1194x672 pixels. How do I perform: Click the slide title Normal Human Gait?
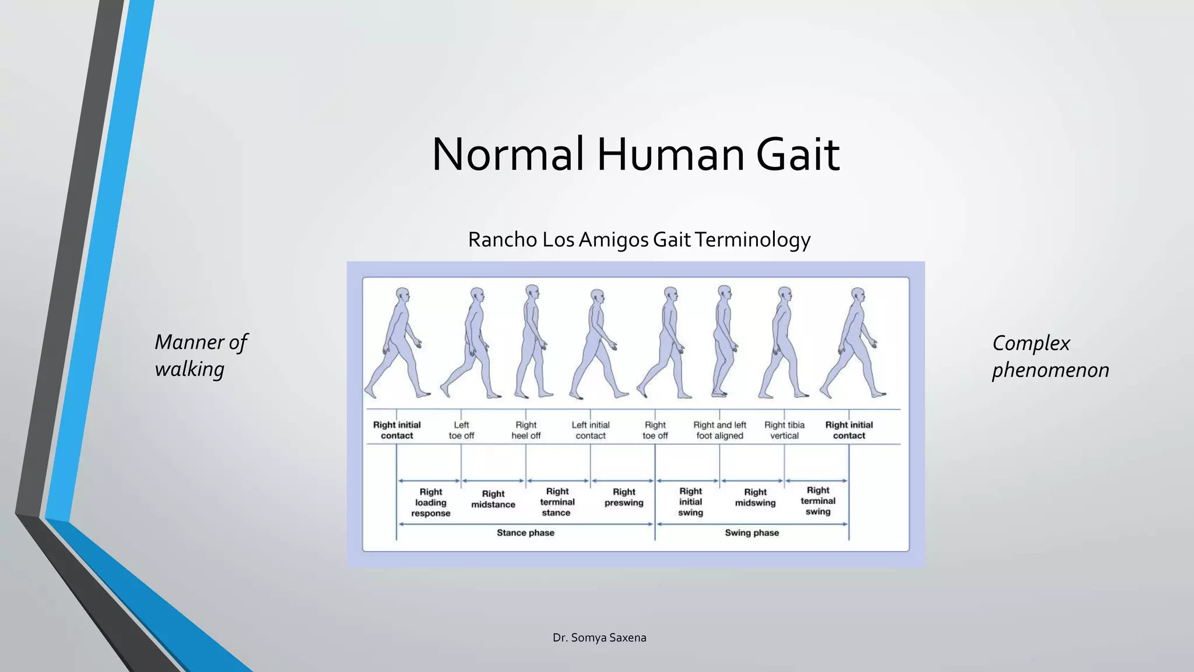click(x=635, y=155)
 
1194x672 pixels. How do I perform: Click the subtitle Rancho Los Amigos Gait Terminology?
click(x=639, y=240)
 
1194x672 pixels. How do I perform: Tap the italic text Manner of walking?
click(x=201, y=355)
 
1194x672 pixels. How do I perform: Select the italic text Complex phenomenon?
click(x=1050, y=356)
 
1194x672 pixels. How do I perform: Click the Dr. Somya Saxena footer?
click(x=599, y=638)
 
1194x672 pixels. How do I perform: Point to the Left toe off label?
click(x=461, y=430)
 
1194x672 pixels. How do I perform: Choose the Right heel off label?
click(x=526, y=430)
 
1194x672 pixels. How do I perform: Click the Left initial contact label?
click(x=591, y=430)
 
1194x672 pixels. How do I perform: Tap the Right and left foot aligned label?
click(x=719, y=430)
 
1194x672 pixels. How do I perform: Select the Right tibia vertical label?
click(x=784, y=430)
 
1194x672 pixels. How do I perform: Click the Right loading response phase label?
click(x=431, y=502)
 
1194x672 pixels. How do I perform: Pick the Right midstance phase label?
click(x=493, y=499)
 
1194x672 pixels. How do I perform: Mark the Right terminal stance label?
click(x=557, y=502)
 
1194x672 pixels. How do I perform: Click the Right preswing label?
click(x=624, y=497)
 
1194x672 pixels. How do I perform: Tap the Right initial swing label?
click(x=690, y=502)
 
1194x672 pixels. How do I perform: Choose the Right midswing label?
click(x=755, y=498)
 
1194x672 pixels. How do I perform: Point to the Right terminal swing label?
click(x=818, y=501)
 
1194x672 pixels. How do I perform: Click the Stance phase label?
click(x=525, y=533)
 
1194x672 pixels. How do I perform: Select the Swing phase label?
click(x=751, y=533)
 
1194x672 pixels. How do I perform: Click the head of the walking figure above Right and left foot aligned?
click(x=725, y=292)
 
